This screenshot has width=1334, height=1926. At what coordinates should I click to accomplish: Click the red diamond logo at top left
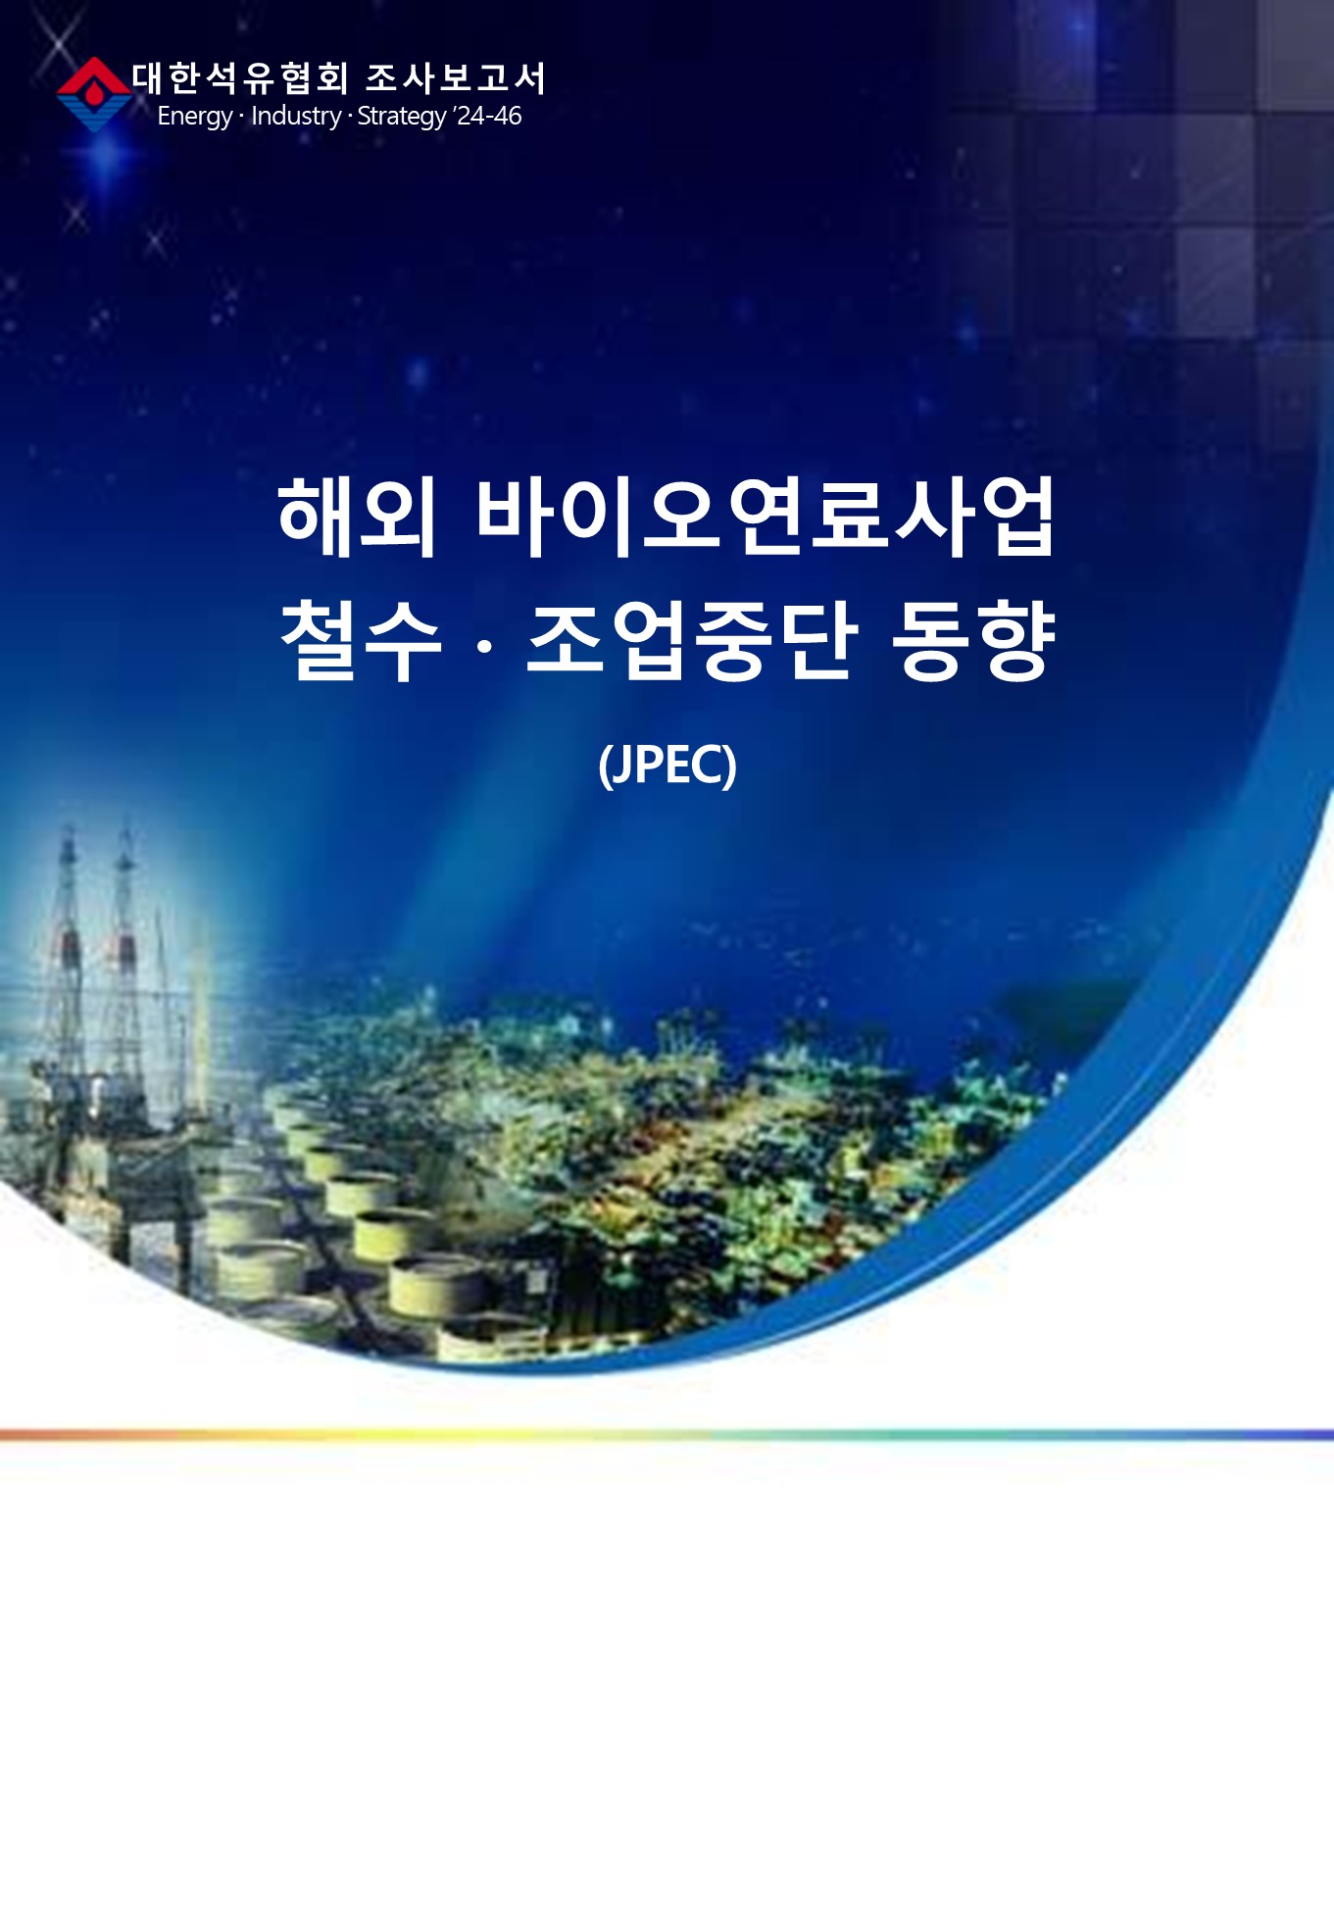(94, 94)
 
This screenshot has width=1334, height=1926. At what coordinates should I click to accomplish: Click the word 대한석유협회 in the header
(240, 78)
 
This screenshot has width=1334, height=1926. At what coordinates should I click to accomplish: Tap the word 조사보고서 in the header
(455, 78)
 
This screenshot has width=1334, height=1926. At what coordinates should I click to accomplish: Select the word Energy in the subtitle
(194, 117)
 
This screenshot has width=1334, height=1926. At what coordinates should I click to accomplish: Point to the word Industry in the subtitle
(296, 116)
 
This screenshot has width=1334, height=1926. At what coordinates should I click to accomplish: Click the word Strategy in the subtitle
(402, 117)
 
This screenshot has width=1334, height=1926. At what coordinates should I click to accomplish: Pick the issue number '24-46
(488, 116)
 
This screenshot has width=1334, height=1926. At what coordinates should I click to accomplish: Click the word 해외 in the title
(357, 517)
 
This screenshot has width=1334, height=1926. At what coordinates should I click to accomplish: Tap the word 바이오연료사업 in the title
(766, 517)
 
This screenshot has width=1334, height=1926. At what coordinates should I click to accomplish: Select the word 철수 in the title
(361, 641)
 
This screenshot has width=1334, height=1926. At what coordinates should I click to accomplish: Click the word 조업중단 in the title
(692, 641)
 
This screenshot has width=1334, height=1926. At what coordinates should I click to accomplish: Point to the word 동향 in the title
(973, 641)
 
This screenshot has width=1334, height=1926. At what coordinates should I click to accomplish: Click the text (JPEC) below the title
(667, 765)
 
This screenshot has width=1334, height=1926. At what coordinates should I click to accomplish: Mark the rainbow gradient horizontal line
(667, 1435)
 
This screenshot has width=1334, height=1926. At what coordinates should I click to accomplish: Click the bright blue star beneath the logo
(108, 157)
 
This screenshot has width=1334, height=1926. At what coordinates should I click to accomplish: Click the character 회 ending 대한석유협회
(332, 78)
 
